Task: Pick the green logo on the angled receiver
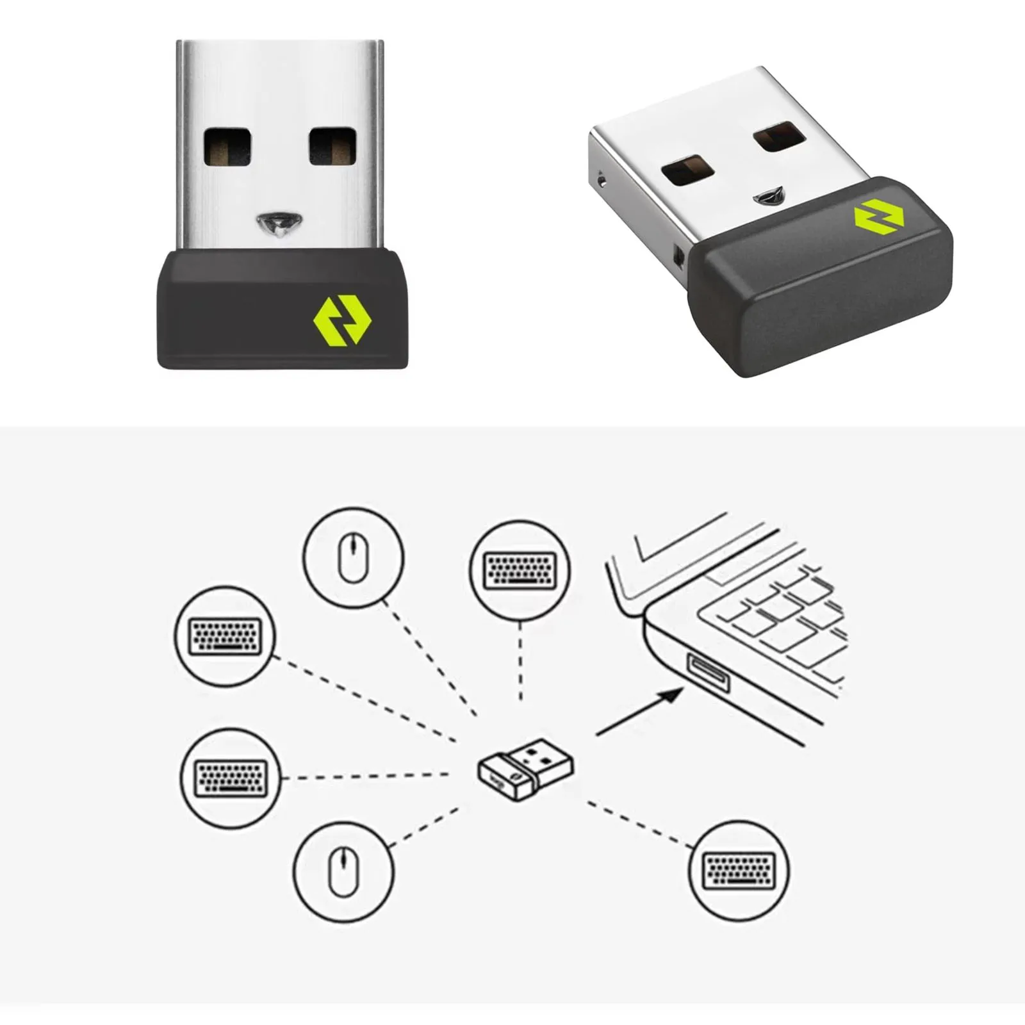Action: click(x=878, y=216)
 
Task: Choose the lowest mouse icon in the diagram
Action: click(x=343, y=871)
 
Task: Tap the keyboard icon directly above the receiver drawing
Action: click(x=520, y=570)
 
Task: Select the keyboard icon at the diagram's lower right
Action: click(x=739, y=871)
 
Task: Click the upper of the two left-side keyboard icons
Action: click(x=225, y=635)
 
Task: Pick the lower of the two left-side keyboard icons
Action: click(x=231, y=778)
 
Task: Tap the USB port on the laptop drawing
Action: click(x=708, y=673)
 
